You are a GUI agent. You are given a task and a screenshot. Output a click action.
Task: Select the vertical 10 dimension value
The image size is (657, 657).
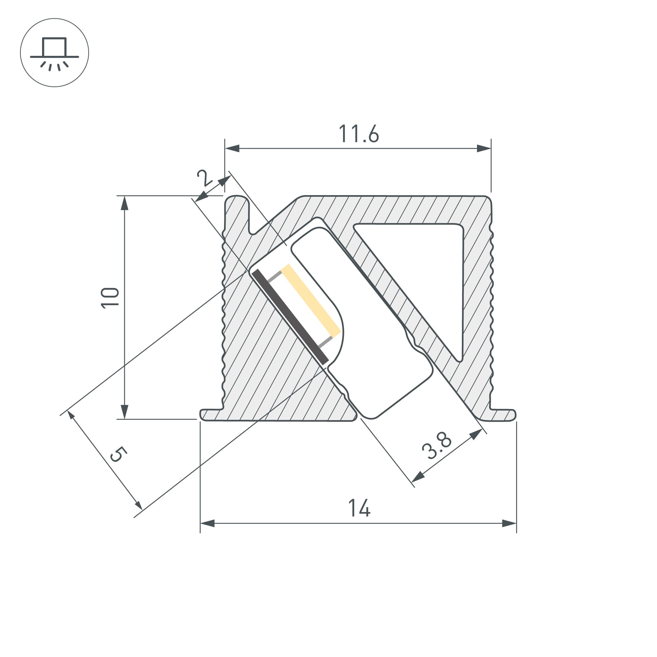coord(110,298)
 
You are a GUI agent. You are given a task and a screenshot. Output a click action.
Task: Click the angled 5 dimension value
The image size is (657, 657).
coord(118,455)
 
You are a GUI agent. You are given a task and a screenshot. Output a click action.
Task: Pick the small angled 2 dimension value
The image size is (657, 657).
coord(204,177)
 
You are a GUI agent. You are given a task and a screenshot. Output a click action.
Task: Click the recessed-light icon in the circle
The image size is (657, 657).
coord(55,53)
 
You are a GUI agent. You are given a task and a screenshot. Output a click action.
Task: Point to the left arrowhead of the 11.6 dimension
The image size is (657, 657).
coord(232,148)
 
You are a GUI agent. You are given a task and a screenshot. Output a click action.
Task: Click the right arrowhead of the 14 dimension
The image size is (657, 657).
coord(509,523)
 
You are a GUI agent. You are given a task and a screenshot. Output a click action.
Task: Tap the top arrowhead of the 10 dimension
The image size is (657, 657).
coord(125,203)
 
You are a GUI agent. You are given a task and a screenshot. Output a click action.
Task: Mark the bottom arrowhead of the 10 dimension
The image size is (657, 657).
coord(125,412)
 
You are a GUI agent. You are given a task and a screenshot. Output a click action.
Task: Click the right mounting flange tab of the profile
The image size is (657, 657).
coord(503,415)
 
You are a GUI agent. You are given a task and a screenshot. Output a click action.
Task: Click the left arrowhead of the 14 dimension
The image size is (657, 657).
coord(207,523)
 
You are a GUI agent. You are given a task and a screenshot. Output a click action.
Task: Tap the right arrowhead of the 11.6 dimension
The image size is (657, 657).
coord(484,148)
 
